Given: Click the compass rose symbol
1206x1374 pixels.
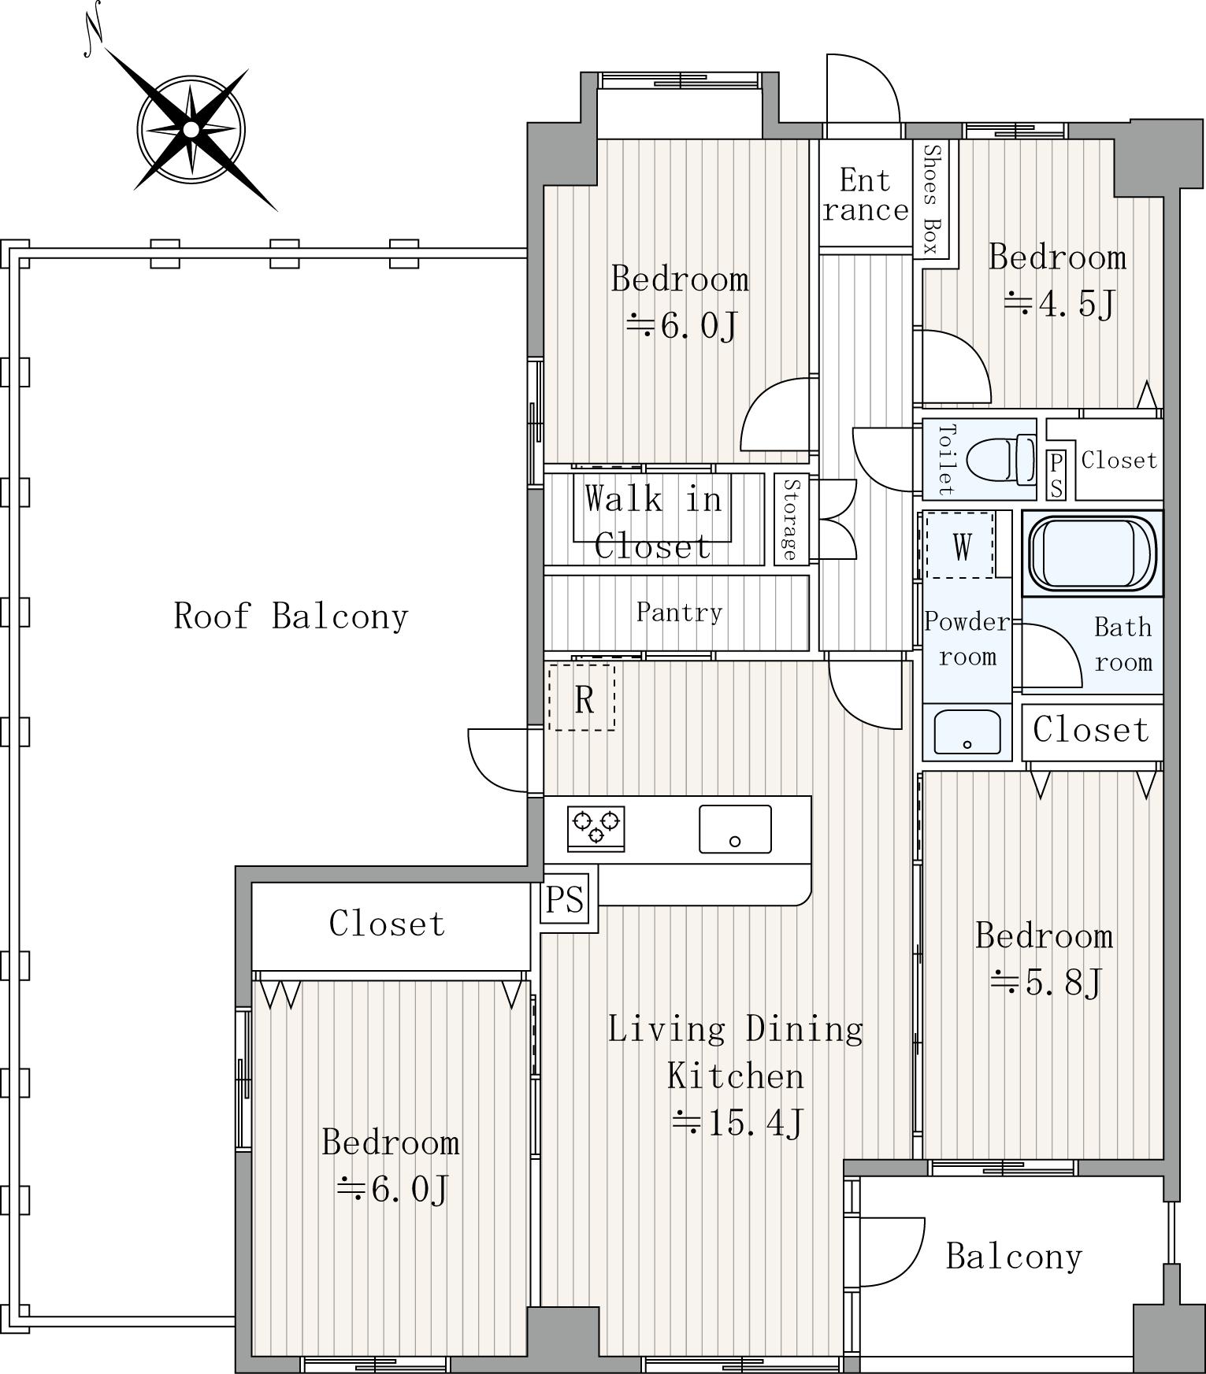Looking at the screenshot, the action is pos(191,129).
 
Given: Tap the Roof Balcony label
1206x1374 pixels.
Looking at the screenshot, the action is pos(291,616).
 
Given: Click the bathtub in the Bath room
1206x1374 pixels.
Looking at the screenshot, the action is pos(1092,554).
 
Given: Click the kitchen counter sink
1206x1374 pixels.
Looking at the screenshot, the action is pos(735,829).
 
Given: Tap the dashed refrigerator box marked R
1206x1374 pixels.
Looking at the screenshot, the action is pos(582,697).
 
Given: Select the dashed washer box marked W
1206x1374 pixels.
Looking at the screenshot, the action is pos(959,545).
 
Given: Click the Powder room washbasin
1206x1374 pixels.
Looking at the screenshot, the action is pos(967,731).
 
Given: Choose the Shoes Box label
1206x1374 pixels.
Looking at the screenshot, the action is pos(932,200).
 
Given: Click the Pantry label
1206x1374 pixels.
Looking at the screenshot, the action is pos(679,612).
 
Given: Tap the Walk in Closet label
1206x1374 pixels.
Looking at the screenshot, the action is pos(653,521).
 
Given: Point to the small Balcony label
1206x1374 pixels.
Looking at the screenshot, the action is pos(1014,1256).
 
